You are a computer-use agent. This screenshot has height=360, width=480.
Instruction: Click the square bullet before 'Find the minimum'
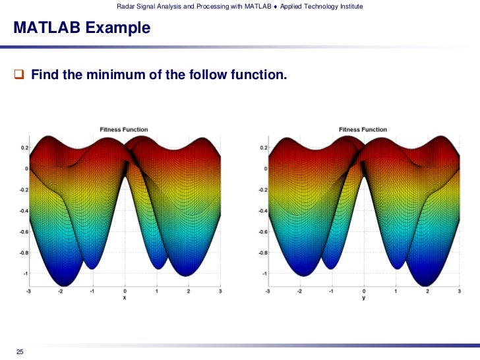19,75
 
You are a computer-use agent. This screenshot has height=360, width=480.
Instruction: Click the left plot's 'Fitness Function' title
124,130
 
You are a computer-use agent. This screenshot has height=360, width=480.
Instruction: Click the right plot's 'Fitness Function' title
363,130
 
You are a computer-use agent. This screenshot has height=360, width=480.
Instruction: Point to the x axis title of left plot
125,298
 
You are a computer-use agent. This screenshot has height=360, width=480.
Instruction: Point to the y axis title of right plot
364,298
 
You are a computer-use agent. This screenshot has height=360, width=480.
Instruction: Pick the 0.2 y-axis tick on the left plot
23,148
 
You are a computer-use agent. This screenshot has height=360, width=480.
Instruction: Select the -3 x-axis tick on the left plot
28,291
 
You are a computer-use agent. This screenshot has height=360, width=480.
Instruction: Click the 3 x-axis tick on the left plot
220,291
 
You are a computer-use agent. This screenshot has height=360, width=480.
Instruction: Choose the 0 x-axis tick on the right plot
364,291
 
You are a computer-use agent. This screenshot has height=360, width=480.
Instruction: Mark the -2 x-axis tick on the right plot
300,291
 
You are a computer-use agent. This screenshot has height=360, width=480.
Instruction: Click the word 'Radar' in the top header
126,7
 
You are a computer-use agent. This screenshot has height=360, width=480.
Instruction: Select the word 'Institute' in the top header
348,7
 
